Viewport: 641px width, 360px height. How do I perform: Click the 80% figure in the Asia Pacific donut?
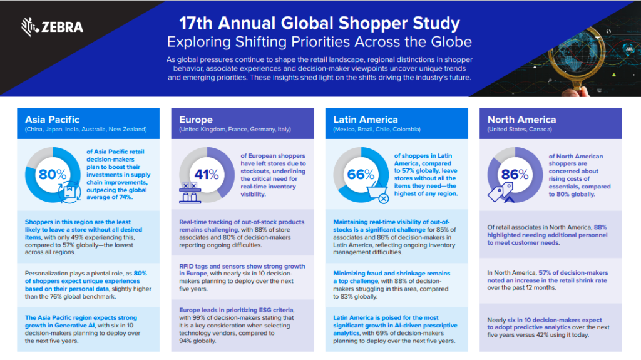click(x=52, y=175)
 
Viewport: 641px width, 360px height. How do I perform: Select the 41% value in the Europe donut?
click(x=206, y=175)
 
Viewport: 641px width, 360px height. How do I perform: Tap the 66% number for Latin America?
click(x=361, y=175)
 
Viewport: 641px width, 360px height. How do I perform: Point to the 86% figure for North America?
click(x=515, y=175)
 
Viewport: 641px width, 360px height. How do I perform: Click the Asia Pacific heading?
click(x=53, y=119)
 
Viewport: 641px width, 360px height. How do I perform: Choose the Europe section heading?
click(x=196, y=119)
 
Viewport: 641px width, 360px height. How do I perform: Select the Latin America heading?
click(x=366, y=119)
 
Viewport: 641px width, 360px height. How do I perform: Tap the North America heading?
click(x=521, y=119)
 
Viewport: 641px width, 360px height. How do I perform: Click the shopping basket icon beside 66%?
click(x=378, y=194)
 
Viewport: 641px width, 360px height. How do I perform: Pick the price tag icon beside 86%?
click(x=498, y=194)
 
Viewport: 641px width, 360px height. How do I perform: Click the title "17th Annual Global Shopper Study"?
click(x=319, y=24)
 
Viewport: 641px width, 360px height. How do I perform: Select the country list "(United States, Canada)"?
click(x=520, y=130)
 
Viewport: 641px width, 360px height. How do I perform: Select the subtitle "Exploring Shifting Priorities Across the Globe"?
click(x=319, y=42)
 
